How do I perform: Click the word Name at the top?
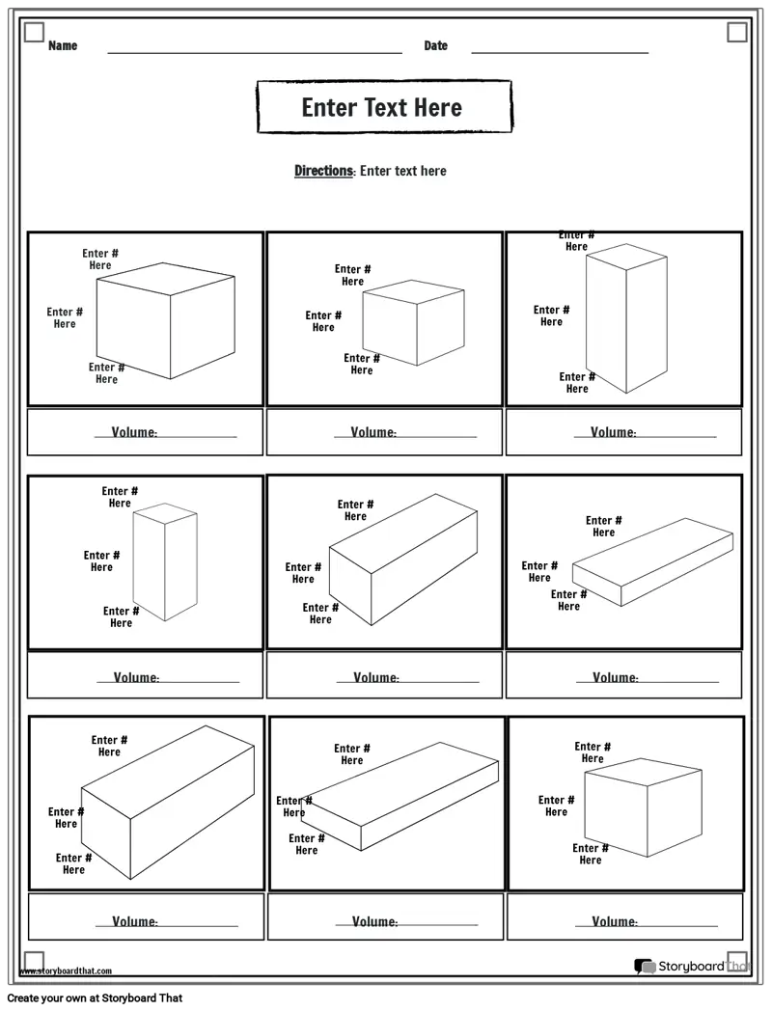pyautogui.click(x=63, y=45)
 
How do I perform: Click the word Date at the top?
pyautogui.click(x=435, y=45)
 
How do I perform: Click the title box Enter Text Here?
pyautogui.click(x=384, y=107)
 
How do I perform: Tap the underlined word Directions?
pyautogui.click(x=324, y=171)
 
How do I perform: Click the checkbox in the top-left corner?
pyautogui.click(x=34, y=32)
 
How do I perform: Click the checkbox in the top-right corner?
pyautogui.click(x=737, y=32)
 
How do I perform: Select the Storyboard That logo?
pyautogui.click(x=691, y=966)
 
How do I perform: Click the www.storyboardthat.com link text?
pyautogui.click(x=66, y=971)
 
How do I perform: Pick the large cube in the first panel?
pyautogui.click(x=166, y=320)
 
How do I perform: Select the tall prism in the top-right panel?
pyautogui.click(x=626, y=318)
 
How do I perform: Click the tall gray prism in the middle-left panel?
pyautogui.click(x=165, y=561)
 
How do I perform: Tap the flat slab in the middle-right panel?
pyautogui.click(x=652, y=562)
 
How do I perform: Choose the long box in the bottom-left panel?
pyautogui.click(x=168, y=803)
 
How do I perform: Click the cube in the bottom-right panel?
pyautogui.click(x=643, y=807)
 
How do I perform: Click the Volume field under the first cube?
pyautogui.click(x=145, y=432)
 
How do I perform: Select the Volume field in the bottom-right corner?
pyautogui.click(x=625, y=916)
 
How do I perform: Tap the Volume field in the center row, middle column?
pyautogui.click(x=384, y=675)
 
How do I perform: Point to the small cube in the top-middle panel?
pyautogui.click(x=413, y=322)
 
